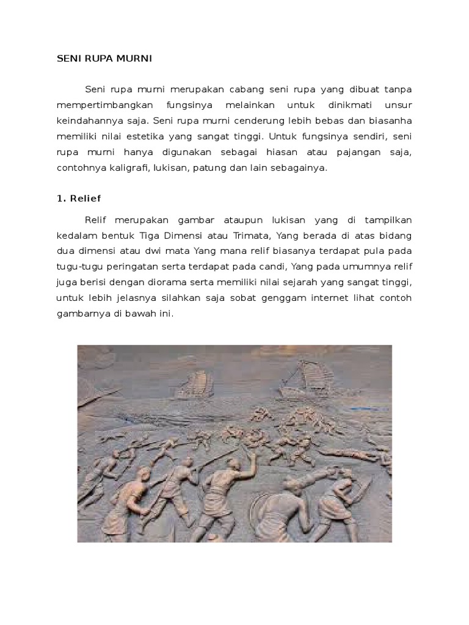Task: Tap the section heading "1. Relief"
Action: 79,198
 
